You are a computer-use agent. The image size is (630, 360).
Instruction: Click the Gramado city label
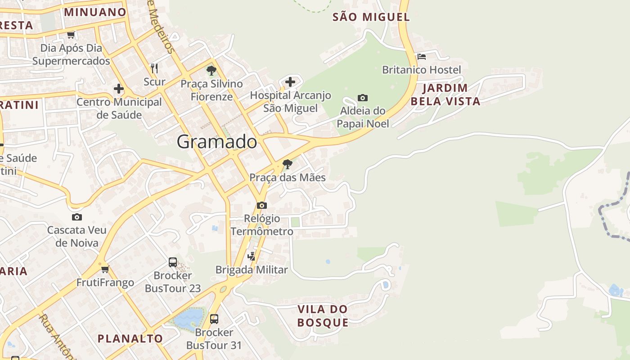[x=217, y=142]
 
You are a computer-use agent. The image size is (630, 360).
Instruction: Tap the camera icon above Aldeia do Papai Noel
[x=362, y=98]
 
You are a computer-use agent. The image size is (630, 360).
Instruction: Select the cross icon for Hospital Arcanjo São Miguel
[x=290, y=82]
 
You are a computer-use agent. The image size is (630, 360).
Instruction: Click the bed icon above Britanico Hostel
[x=422, y=57]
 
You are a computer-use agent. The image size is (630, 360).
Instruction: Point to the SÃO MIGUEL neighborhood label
[x=371, y=18]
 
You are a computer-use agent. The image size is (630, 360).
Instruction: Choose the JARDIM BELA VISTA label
[x=445, y=94]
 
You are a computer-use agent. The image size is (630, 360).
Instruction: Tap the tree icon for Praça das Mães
[x=288, y=164]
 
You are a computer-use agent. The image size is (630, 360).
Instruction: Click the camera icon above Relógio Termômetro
[x=261, y=206]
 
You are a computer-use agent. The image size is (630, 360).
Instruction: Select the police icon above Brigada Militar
[x=252, y=256]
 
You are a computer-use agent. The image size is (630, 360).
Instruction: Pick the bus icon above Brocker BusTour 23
[x=173, y=262]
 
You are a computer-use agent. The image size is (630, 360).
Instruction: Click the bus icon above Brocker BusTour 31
[x=214, y=319]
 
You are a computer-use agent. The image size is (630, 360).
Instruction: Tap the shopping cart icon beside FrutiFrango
[x=105, y=269]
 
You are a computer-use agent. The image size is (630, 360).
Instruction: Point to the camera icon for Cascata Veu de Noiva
[x=77, y=217]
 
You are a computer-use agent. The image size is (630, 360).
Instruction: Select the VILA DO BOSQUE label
[x=323, y=316]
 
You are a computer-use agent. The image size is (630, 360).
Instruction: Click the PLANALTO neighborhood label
[x=130, y=338]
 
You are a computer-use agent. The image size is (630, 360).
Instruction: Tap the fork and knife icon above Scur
[x=154, y=68]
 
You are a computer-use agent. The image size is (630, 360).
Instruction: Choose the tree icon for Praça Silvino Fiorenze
[x=211, y=71]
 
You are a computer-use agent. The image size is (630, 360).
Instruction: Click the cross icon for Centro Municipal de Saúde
[x=119, y=89]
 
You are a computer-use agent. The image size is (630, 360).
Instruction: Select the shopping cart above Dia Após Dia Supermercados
[x=71, y=35]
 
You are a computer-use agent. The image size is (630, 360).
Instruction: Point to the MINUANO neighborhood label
[x=95, y=12]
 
